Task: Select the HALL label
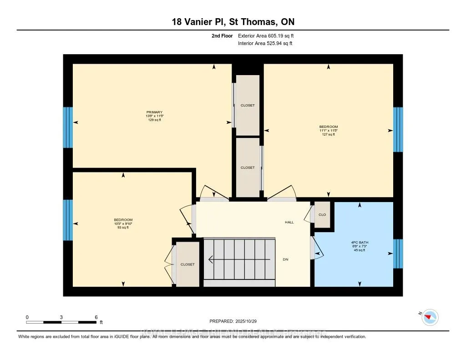pyautogui.click(x=289, y=223)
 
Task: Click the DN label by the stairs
pyautogui.click(x=285, y=259)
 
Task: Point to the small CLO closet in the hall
pyautogui.click(x=322, y=214)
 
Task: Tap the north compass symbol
pyautogui.click(x=430, y=317)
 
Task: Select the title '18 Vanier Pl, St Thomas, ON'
pyautogui.click(x=233, y=22)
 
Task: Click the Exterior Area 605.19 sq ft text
pyautogui.click(x=268, y=35)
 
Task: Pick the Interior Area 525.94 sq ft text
pyautogui.click(x=265, y=44)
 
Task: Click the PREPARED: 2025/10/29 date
pyautogui.click(x=233, y=321)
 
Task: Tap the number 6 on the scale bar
pyautogui.click(x=96, y=317)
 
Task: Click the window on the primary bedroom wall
pyautogui.click(x=68, y=127)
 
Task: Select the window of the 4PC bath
pyautogui.click(x=398, y=254)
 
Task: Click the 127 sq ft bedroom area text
pyautogui.click(x=328, y=135)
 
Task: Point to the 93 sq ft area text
pyautogui.click(x=123, y=228)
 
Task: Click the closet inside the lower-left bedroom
pyautogui.click(x=187, y=264)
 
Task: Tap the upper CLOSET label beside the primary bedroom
pyautogui.click(x=248, y=106)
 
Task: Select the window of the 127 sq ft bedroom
pyautogui.click(x=398, y=129)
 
